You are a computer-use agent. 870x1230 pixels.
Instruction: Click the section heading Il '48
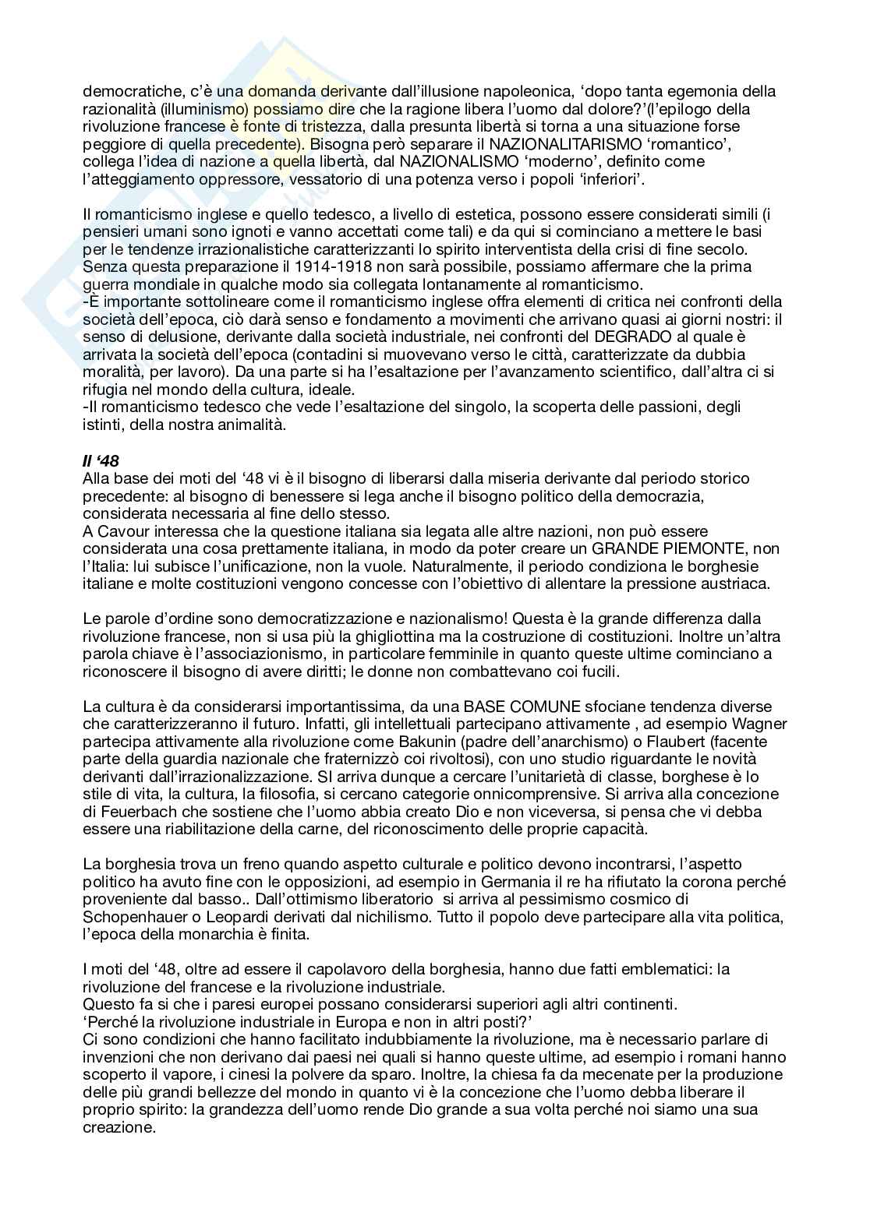pos(99,459)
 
